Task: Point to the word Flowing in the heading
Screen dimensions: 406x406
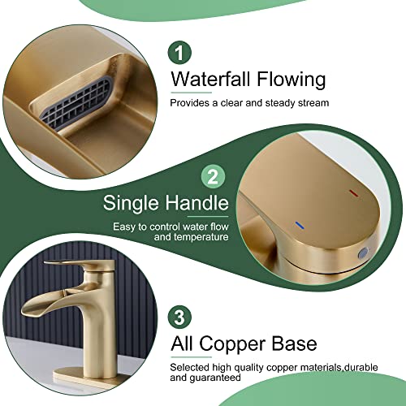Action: (x=289, y=80)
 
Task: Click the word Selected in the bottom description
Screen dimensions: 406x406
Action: (x=189, y=366)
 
